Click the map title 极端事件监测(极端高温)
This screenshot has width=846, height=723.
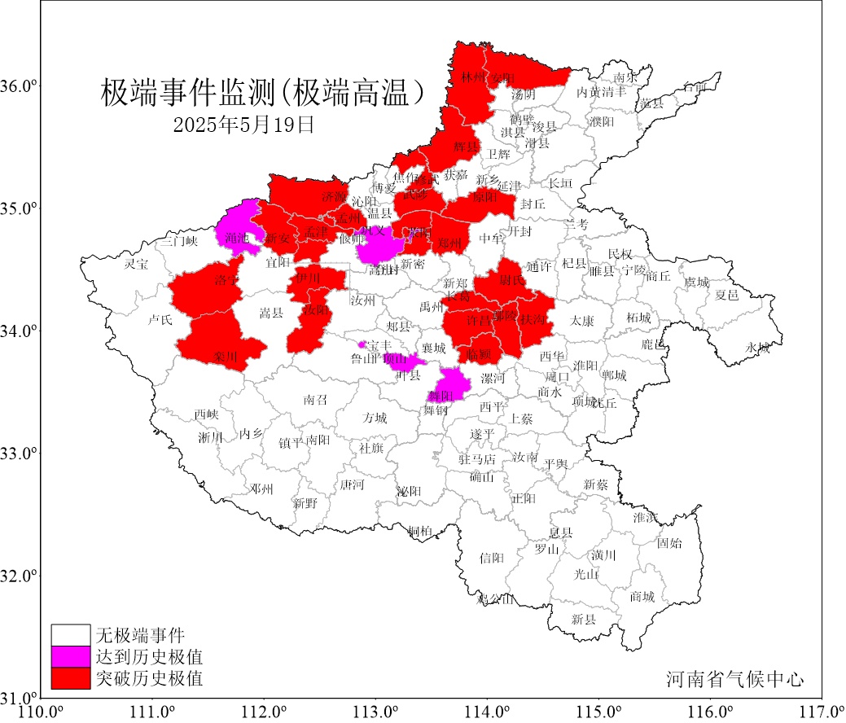click(264, 93)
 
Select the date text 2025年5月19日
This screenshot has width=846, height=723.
click(243, 125)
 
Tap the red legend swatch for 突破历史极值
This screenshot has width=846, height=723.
click(70, 677)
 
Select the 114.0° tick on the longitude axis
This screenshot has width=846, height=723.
click(488, 712)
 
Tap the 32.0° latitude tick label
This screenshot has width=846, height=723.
click(22, 576)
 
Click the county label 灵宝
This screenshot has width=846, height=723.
click(136, 265)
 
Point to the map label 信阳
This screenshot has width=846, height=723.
click(492, 558)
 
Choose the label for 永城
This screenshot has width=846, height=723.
click(757, 348)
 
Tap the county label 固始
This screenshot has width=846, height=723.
click(669, 542)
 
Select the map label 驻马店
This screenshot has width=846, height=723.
click(477, 459)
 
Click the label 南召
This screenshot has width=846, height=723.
click(315, 400)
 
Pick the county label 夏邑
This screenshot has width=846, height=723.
click(726, 295)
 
